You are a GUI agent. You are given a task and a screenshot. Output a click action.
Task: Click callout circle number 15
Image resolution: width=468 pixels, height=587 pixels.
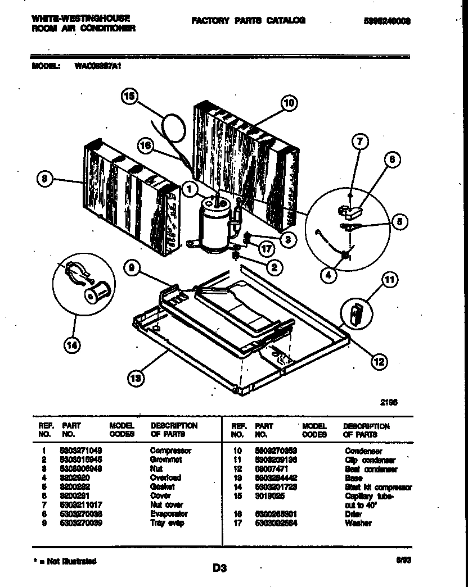(x=129, y=97)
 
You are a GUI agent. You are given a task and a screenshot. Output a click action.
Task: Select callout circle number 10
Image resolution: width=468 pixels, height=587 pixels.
(x=288, y=103)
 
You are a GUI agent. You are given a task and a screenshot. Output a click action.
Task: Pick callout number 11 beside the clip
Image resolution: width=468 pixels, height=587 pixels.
(x=388, y=279)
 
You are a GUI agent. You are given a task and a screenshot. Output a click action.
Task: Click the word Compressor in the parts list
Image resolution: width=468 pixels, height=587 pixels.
(x=170, y=451)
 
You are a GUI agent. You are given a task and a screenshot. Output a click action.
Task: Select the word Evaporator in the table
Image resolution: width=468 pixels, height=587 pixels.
(x=169, y=513)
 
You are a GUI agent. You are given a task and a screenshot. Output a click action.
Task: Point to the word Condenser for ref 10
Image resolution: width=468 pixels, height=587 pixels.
(x=363, y=451)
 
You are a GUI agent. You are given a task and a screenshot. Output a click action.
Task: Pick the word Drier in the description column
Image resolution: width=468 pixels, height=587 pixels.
(x=353, y=513)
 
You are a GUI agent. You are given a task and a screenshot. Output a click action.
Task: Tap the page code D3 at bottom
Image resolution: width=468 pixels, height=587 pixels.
(x=219, y=568)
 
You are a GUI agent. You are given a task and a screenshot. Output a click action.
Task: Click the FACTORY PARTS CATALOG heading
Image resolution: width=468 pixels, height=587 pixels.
(x=248, y=21)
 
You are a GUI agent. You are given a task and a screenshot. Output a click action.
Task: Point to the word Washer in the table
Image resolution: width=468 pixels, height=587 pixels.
(x=358, y=523)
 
